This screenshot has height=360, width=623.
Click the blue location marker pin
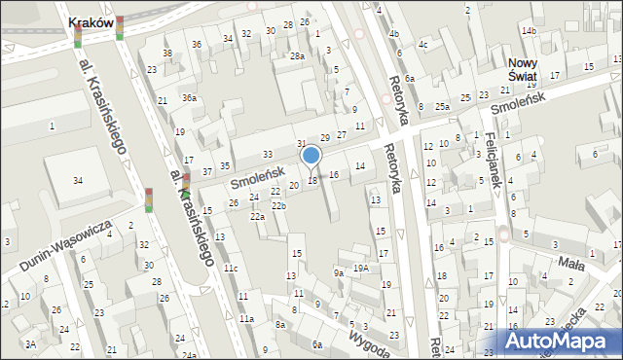tap(311, 156)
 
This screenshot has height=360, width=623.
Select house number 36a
tap(190, 97)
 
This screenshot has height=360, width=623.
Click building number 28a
tap(297, 56)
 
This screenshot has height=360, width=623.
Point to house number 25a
tap(442, 106)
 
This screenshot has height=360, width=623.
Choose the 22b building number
tap(278, 206)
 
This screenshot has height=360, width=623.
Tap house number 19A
tap(361, 268)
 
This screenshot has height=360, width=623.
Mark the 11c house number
tap(231, 268)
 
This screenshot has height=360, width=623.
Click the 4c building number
tap(422, 45)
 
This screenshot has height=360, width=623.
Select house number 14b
tap(528, 31)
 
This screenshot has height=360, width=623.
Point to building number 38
tap(167, 54)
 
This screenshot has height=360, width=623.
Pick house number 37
tap(207, 171)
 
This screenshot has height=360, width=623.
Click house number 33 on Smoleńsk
tap(268, 155)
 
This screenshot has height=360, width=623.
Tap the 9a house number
tap(339, 273)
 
